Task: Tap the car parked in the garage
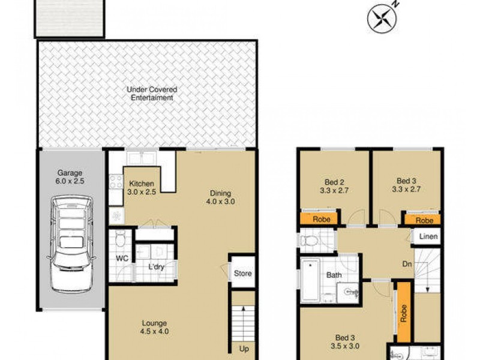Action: click(72, 244)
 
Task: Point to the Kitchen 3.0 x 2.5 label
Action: click(142, 187)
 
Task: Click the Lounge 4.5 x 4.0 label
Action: click(155, 326)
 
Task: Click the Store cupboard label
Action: click(243, 274)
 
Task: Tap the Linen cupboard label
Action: click(428, 237)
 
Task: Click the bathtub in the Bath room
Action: click(311, 280)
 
